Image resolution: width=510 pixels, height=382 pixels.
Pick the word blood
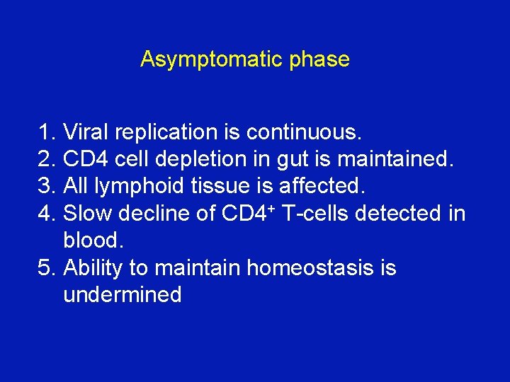(93, 241)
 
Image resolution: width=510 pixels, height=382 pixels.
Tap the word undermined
(122, 295)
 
